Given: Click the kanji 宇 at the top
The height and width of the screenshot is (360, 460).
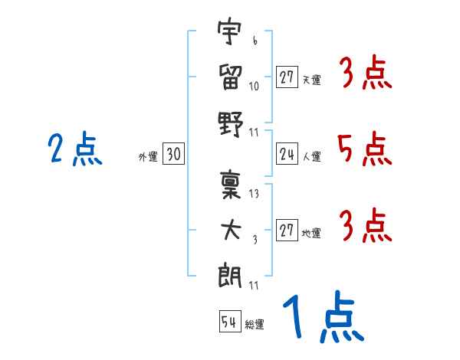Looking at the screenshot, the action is pos(230,31).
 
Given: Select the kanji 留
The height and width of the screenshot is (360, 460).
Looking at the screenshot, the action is pos(230,77).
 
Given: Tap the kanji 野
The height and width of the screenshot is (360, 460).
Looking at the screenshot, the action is pos(231,124).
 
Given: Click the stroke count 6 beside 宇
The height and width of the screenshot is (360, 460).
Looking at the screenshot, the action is pos(255,41).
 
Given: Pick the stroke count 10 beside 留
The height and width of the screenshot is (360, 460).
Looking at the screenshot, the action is pos(254,87).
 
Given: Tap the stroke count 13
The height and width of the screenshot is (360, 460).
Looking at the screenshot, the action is pos(254,194).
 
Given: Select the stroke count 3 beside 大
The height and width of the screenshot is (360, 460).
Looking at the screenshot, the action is pos(255,240).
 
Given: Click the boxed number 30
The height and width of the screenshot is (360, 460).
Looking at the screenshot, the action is pos(174,153).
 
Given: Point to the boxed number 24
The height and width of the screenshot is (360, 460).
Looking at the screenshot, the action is pos(287,153).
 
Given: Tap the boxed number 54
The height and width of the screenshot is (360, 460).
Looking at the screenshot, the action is pos(230,321).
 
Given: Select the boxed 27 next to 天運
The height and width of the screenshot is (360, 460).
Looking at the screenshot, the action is pos(287,77).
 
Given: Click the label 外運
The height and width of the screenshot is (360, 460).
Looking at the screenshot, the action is pos(148,157).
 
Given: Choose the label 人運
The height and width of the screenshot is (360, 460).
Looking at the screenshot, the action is pos(312,157).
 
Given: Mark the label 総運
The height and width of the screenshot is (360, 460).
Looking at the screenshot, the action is pos(255,325).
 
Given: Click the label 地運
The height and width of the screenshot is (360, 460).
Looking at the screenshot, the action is pos(311,234).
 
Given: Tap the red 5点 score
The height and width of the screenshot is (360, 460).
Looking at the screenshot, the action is pos(365,149).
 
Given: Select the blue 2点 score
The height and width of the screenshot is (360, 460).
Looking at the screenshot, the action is pos(75,149).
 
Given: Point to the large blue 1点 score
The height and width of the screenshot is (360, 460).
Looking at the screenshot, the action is pos(324,316).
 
